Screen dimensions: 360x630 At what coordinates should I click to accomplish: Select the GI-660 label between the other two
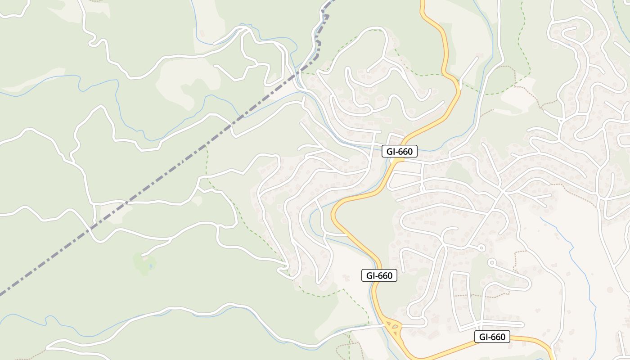tap(379, 275)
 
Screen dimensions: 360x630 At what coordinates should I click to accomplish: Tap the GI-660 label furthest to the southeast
tap(492, 337)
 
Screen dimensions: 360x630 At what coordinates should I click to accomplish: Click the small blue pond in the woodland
tap(150, 266)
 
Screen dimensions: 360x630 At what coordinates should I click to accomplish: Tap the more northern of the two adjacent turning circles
tap(481, 247)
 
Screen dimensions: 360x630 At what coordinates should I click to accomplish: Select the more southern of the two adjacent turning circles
tap(492, 261)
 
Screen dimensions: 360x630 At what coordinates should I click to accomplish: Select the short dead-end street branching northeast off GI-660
tap(468, 67)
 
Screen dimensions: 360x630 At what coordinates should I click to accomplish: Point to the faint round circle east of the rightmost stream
tap(610, 289)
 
